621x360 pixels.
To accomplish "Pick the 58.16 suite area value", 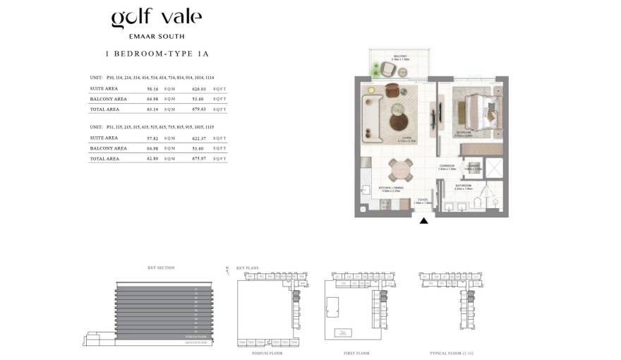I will pyautogui.click(x=152, y=89).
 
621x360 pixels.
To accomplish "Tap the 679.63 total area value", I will pyautogui.click(x=198, y=109).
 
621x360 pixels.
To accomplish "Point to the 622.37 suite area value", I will pyautogui.click(x=198, y=138).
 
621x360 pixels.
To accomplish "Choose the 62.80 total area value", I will pyautogui.click(x=152, y=159).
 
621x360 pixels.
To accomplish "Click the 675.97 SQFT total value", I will pyautogui.click(x=198, y=159).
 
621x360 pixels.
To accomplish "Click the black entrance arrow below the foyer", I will pyautogui.click(x=424, y=221).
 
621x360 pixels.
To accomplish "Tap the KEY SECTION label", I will pyautogui.click(x=160, y=268).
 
